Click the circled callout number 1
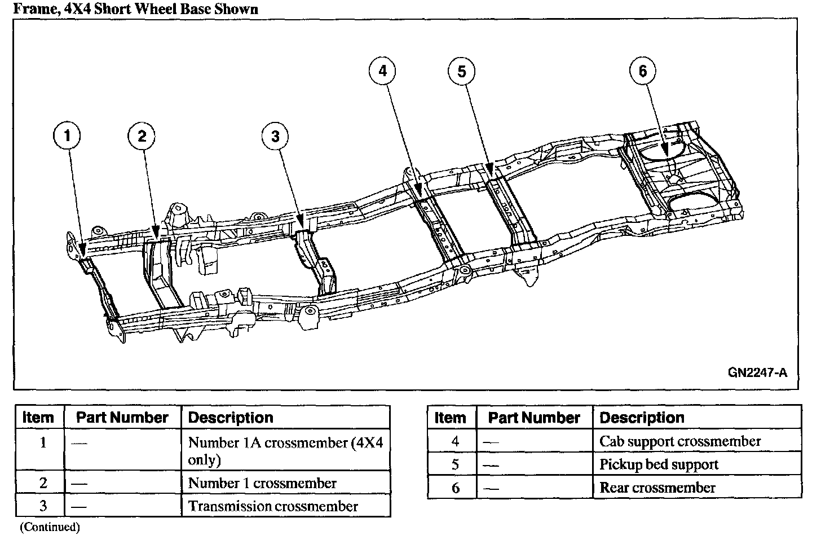(67, 137)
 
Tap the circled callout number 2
(142, 136)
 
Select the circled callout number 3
(275, 137)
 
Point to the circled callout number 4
(383, 71)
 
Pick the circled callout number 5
(462, 71)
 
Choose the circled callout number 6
(643, 71)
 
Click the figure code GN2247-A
(757, 372)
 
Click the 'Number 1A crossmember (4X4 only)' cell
(285, 450)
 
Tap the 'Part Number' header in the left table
(122, 418)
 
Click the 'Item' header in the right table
(451, 418)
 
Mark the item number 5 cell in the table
(456, 464)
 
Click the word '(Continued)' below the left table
(50, 527)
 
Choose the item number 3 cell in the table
(43, 506)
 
